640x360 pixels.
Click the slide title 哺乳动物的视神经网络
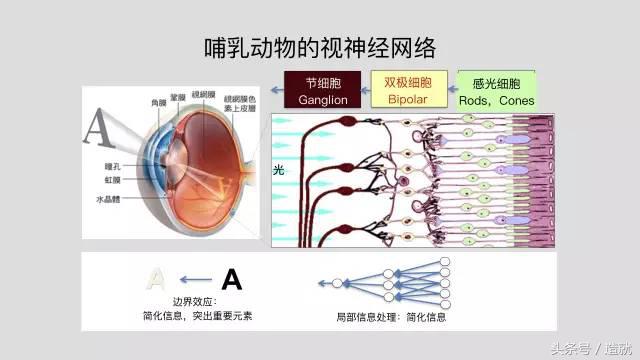tap(320, 47)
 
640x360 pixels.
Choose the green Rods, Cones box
tap(496, 90)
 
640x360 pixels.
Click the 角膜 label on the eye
tap(158, 103)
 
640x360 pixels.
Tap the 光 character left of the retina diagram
tap(279, 171)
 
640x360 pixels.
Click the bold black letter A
tap(231, 279)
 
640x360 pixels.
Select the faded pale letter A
tap(157, 279)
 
